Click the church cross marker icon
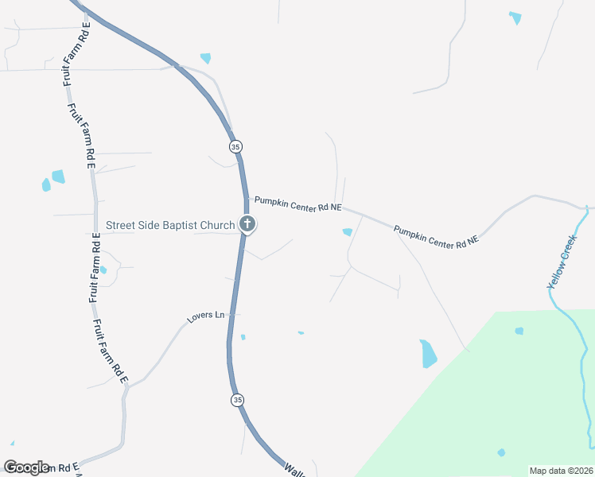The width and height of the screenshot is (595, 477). pyautogui.click(x=247, y=225)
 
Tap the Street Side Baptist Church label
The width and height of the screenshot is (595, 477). pyautogui.click(x=170, y=226)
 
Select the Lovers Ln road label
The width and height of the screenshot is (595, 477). pyautogui.click(x=206, y=316)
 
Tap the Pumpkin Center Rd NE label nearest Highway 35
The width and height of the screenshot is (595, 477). pyautogui.click(x=297, y=205)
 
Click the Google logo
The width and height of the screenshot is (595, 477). pyautogui.click(x=26, y=467)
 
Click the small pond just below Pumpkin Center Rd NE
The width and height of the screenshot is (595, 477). pyautogui.click(x=347, y=232)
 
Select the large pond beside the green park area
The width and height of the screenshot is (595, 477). pyautogui.click(x=428, y=353)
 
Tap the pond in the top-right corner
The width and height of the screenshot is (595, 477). pyautogui.click(x=515, y=17)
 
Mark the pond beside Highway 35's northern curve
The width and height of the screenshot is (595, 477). pyautogui.click(x=206, y=58)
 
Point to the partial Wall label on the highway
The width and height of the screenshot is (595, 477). pyautogui.click(x=293, y=469)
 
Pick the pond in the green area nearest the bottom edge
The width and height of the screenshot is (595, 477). pyautogui.click(x=501, y=453)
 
